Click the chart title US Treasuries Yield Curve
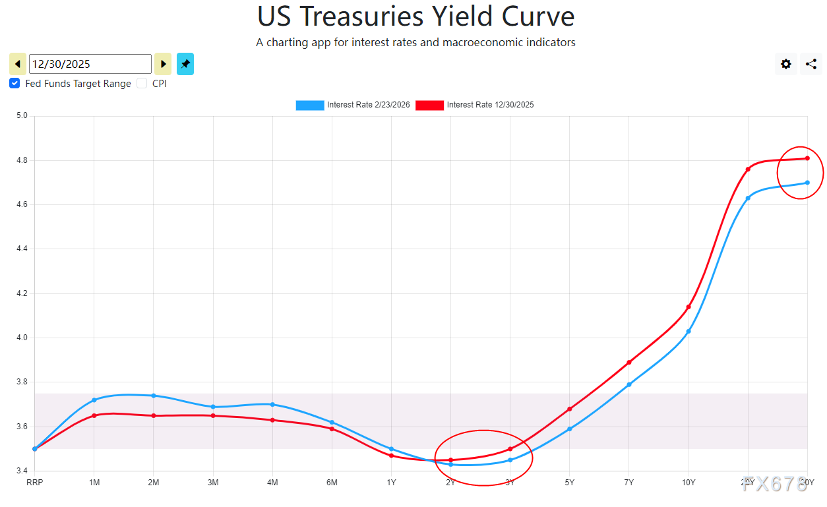pos(415,16)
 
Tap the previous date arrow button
pos(18,64)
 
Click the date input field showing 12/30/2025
pos(90,64)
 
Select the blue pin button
pos(185,64)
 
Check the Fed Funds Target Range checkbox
pos(15,84)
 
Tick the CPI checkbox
pos(142,84)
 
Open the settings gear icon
pos(786,64)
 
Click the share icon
pos(811,64)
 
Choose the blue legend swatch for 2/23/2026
pos(310,105)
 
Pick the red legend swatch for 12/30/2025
pos(429,105)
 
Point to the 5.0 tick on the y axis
pos(22,116)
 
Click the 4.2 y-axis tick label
pos(22,293)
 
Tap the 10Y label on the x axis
pos(689,483)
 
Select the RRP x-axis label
pos(34,483)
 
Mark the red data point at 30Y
pos(807,158)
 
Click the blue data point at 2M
pos(154,396)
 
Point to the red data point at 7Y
pos(629,362)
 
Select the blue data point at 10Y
pos(689,331)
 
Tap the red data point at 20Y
pos(748,169)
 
